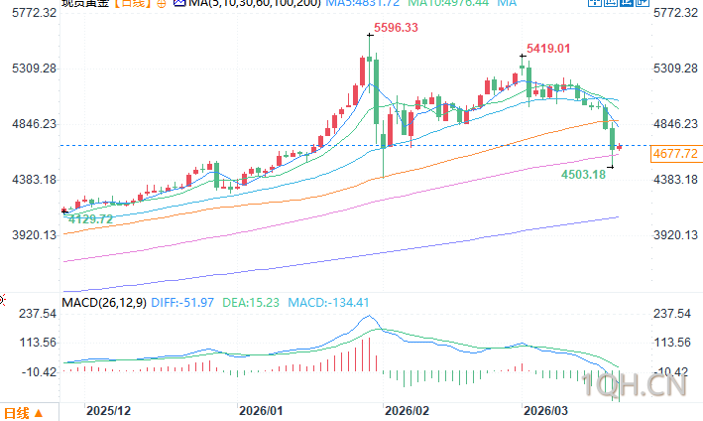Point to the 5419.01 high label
549,48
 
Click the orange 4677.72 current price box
675,153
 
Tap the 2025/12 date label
108,410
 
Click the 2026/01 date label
262,410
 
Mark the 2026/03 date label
545,410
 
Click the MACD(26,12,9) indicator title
104,302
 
